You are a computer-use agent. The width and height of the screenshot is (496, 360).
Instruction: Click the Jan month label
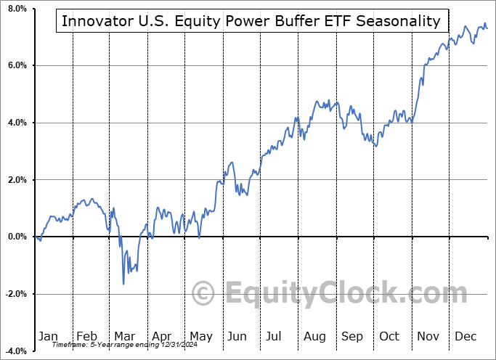[x=48, y=336]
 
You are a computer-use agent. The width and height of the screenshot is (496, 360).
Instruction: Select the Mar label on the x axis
[x=124, y=336]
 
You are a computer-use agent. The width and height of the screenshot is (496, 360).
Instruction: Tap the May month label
[x=200, y=336]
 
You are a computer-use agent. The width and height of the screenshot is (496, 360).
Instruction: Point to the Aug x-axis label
[x=314, y=336]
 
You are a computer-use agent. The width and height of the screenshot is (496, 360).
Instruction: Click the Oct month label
[x=390, y=336]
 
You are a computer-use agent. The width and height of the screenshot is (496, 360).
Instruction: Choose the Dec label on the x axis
[x=466, y=336]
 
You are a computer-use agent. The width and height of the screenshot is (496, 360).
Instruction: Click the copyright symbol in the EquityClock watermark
[x=204, y=294]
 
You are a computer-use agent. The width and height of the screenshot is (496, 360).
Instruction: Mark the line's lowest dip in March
[x=123, y=283]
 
